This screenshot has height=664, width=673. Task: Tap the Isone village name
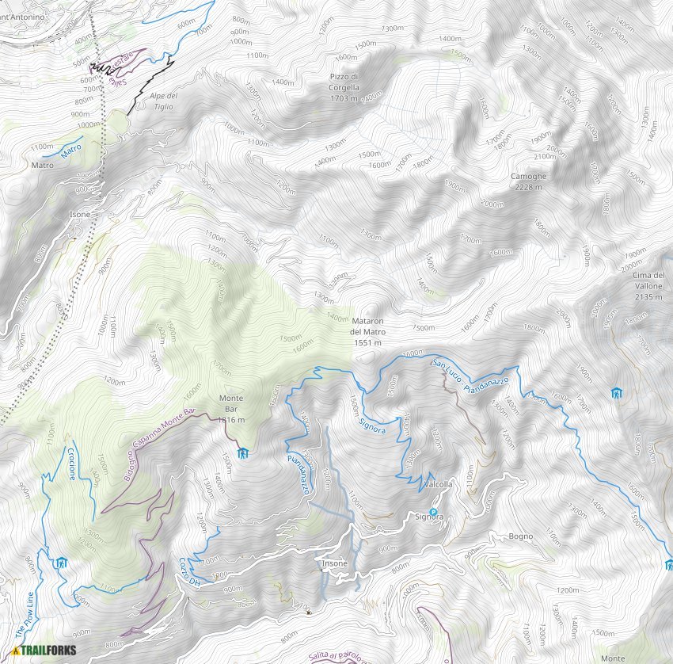[x=80, y=215]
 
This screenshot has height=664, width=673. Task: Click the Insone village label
[x=333, y=563]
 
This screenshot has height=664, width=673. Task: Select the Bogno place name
[x=521, y=536]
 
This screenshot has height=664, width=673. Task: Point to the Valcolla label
[x=439, y=484]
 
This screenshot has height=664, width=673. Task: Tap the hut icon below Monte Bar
[x=243, y=453]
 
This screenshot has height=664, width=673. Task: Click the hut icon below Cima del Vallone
[x=616, y=393]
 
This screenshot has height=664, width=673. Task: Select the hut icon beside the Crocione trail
[x=61, y=563]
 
